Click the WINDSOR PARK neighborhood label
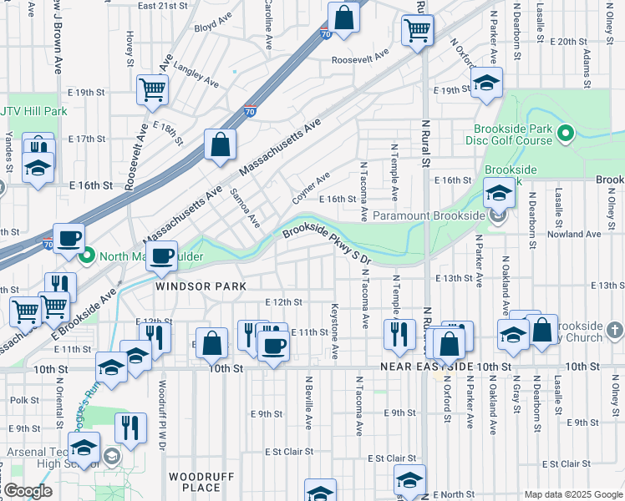click(x=201, y=286)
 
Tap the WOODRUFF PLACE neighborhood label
click(x=195, y=481)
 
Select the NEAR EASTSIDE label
click(x=427, y=367)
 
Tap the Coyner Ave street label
click(x=311, y=189)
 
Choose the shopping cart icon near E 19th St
click(x=153, y=89)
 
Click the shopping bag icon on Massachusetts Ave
click(x=219, y=144)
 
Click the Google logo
click(x=27, y=491)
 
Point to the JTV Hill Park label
click(x=33, y=111)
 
